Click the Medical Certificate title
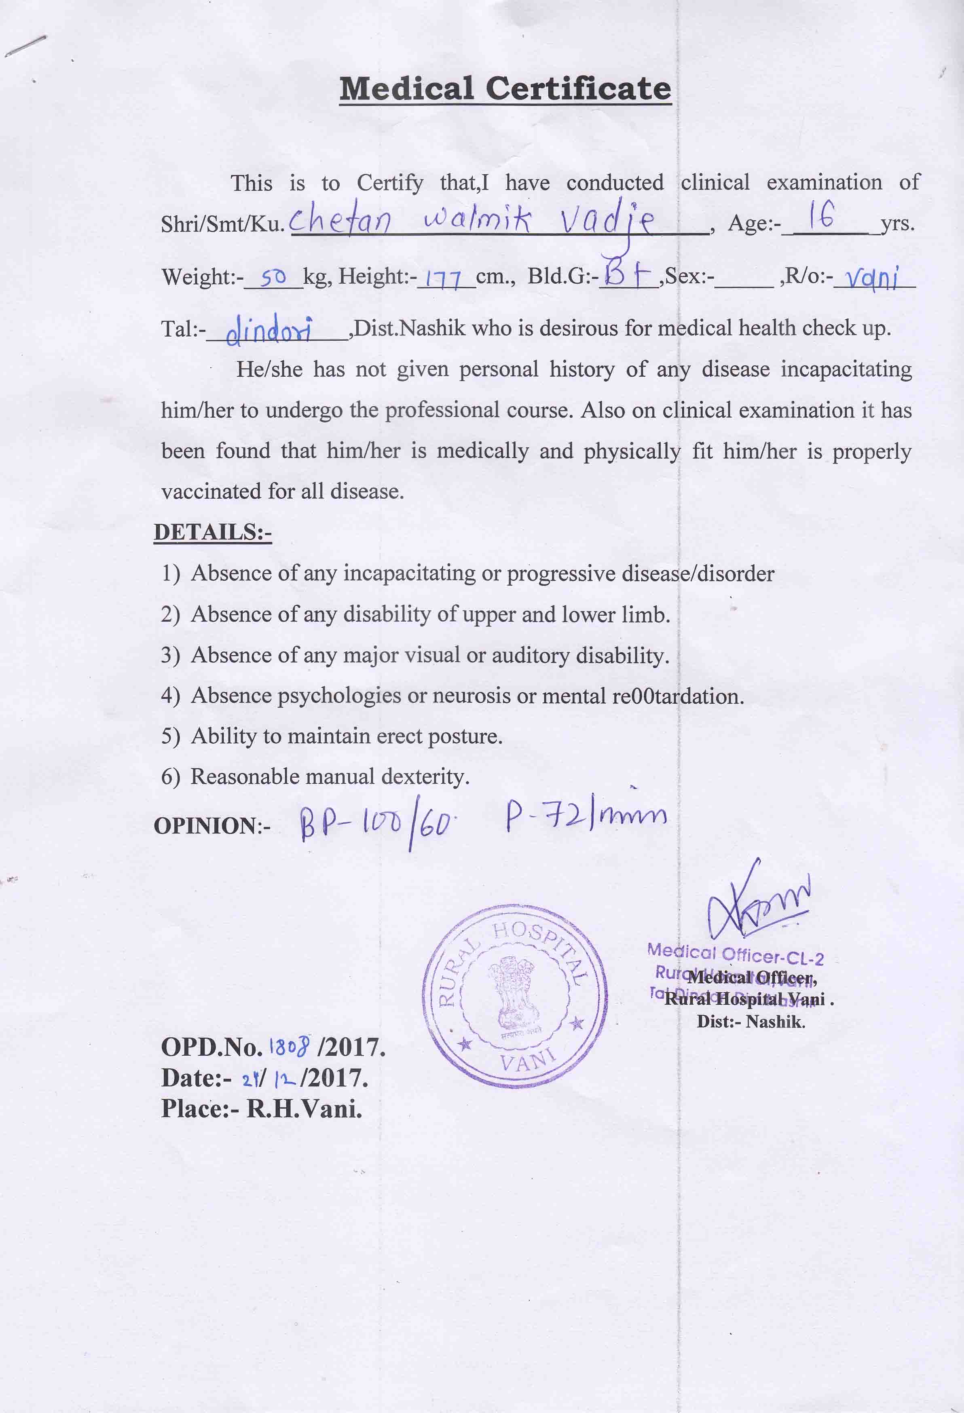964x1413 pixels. pyautogui.click(x=505, y=89)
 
